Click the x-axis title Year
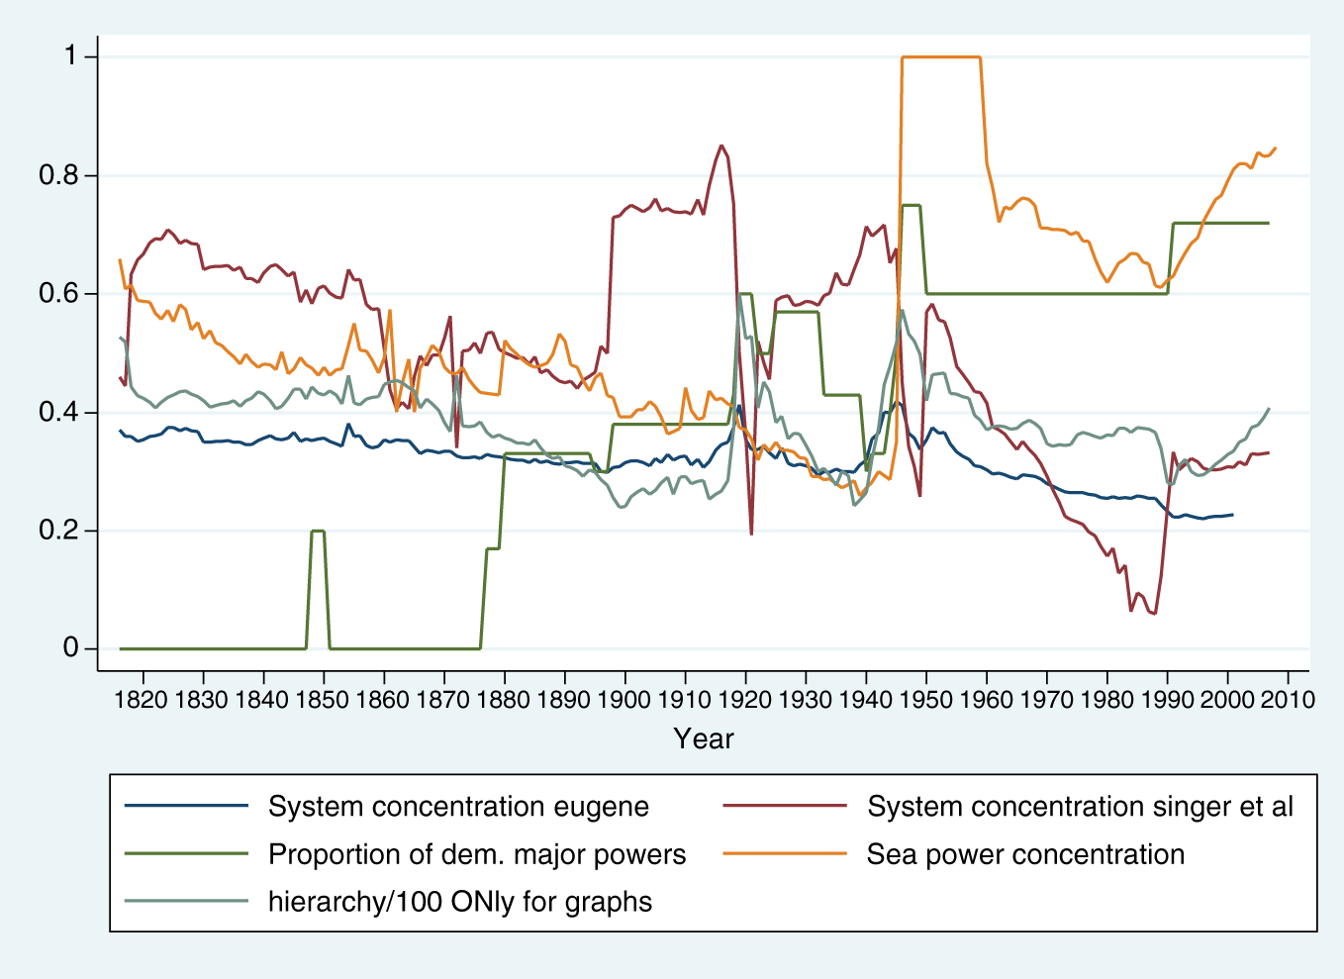(x=704, y=738)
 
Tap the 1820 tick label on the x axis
(x=143, y=699)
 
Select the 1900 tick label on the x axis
(x=624, y=699)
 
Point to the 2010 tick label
(x=1288, y=699)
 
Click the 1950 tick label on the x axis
(x=926, y=699)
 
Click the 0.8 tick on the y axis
(x=58, y=175)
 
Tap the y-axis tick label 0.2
(x=58, y=531)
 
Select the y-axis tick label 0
(x=71, y=648)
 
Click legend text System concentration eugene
(x=458, y=807)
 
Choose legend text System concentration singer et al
(x=1080, y=807)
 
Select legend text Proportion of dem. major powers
(x=477, y=854)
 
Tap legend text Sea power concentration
(x=1025, y=854)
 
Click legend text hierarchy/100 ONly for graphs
(x=460, y=902)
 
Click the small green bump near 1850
(x=318, y=532)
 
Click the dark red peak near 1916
(x=721, y=146)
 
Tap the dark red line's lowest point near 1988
(x=1155, y=614)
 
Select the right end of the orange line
(x=1275, y=147)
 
